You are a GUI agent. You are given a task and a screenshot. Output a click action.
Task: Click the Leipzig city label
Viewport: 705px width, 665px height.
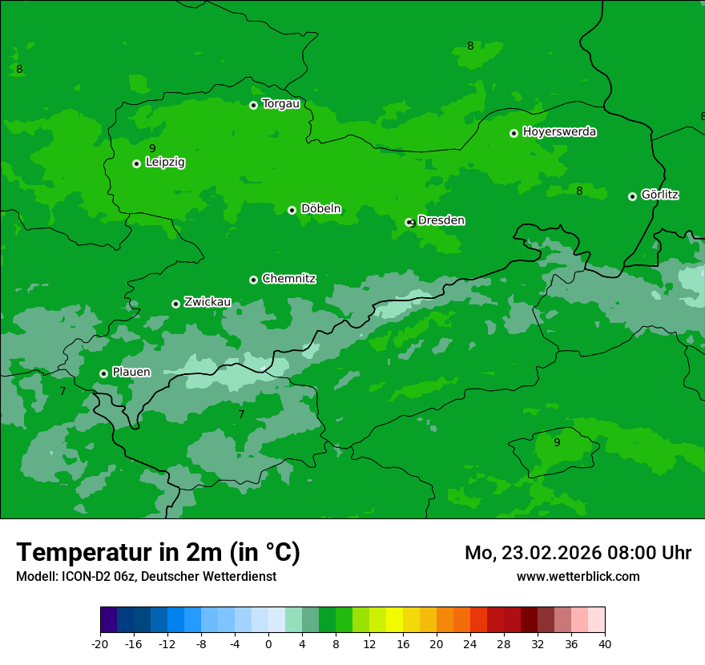tap(165, 162)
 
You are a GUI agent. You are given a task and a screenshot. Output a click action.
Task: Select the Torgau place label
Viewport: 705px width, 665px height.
tap(280, 103)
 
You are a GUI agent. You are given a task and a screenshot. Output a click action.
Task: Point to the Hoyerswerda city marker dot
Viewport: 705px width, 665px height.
tap(514, 133)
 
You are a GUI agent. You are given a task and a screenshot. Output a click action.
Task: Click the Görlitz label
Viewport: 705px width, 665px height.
tap(659, 195)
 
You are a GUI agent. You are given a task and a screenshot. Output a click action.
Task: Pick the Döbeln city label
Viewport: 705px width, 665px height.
tap(320, 208)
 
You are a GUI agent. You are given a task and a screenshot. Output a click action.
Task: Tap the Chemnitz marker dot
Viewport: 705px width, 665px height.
tap(253, 280)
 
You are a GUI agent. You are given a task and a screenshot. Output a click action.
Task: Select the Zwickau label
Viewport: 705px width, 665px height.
tap(207, 302)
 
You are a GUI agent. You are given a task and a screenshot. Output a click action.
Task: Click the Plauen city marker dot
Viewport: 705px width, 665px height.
tap(103, 373)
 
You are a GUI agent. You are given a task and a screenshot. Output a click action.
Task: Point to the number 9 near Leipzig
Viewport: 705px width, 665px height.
tap(152, 148)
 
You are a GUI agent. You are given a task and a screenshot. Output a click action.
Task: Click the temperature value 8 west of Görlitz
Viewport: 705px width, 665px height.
tap(579, 191)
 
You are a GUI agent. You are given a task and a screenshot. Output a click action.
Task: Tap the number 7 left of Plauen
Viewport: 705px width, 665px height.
tap(62, 391)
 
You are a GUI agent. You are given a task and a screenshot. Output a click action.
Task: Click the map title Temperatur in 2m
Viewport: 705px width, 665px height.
tap(158, 552)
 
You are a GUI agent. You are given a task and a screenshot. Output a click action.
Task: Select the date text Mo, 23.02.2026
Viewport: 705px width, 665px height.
tap(530, 553)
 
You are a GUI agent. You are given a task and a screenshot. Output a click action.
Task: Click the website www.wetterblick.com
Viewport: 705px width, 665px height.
tap(578, 576)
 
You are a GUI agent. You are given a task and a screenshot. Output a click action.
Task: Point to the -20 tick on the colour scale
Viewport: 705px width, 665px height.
tap(100, 644)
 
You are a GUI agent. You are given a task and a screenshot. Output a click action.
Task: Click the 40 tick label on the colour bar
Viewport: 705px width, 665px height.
tap(605, 644)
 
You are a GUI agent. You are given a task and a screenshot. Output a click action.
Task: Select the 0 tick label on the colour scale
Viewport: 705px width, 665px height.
tap(268, 644)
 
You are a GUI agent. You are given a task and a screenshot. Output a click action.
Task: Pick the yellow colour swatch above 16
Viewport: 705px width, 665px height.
tap(394, 620)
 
